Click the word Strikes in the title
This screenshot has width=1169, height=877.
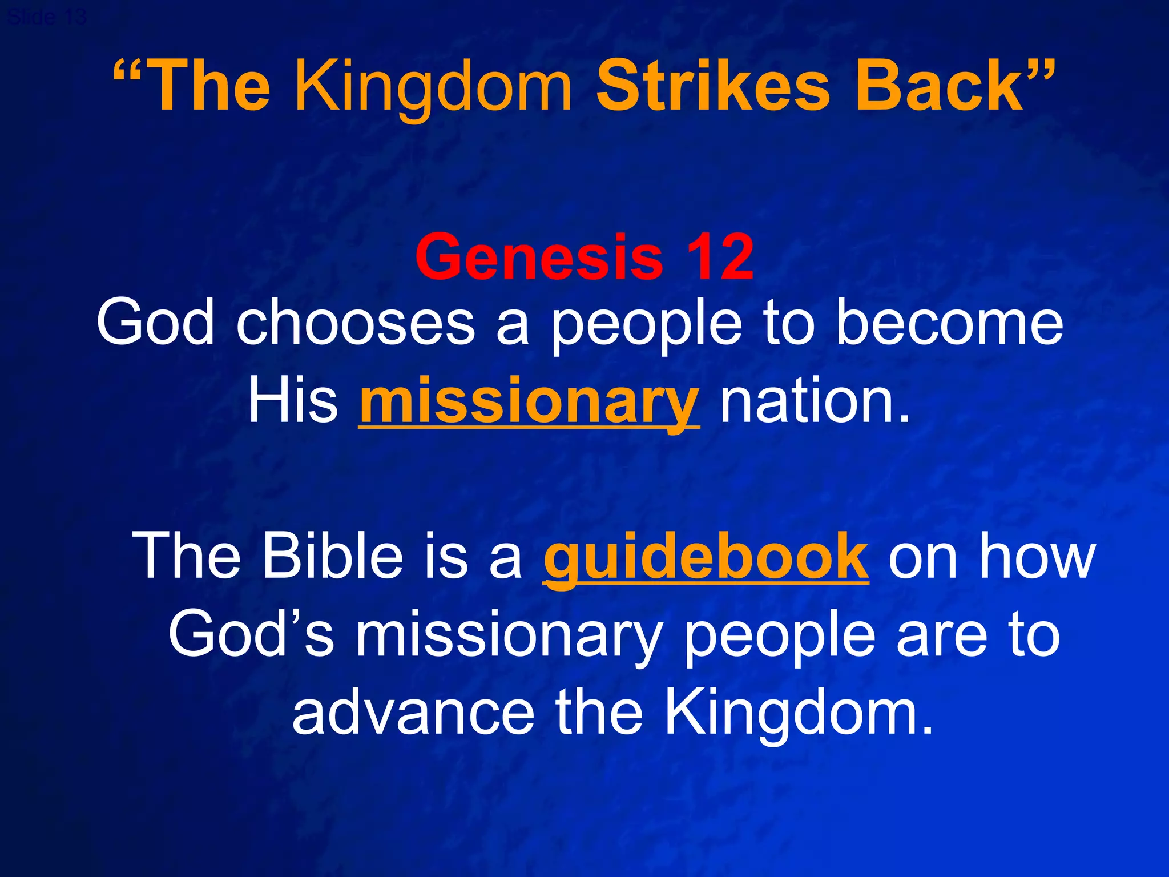tap(712, 87)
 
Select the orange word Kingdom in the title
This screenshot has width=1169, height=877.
tap(433, 87)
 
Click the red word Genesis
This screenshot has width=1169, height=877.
tap(539, 258)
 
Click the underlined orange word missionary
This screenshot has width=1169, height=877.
tap(529, 401)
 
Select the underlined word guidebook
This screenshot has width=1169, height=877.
tap(706, 556)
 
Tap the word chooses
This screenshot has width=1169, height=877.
tap(356, 324)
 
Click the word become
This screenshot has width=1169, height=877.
tap(949, 324)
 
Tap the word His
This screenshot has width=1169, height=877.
tap(293, 401)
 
